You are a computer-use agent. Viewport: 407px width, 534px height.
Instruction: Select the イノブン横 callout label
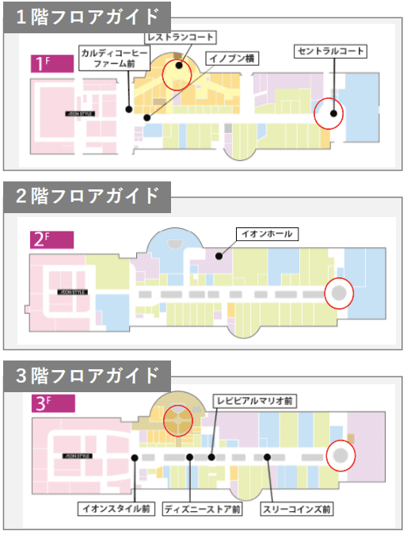pyautogui.click(x=230, y=57)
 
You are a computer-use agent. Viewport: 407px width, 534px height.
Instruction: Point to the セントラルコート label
pyautogui.click(x=332, y=50)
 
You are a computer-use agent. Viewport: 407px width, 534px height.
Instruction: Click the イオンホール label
pyautogui.click(x=265, y=234)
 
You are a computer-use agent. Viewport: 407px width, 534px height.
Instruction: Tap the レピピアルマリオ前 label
pyautogui.click(x=256, y=402)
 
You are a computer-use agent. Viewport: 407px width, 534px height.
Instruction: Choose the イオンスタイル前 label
pyautogui.click(x=116, y=508)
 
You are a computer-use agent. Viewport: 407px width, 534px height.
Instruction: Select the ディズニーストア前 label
pyautogui.click(x=203, y=508)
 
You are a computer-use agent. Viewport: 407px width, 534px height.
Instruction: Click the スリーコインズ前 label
pyautogui.click(x=299, y=508)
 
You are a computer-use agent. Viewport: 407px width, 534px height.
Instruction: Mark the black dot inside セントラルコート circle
pyautogui.click(x=333, y=114)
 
